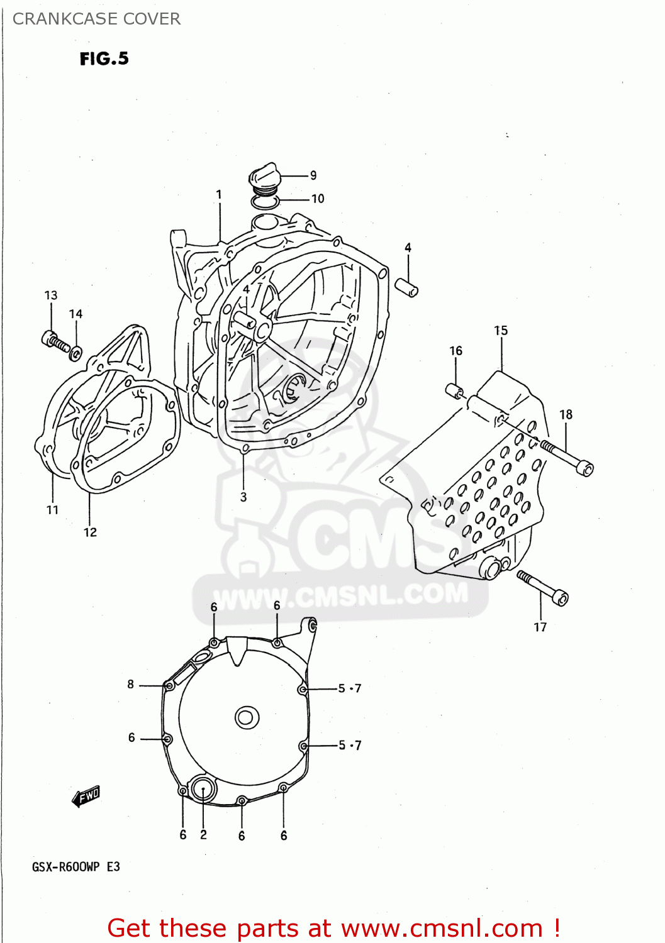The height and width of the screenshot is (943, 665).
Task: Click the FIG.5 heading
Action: click(x=104, y=58)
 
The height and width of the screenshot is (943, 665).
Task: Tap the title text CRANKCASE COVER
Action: click(x=96, y=19)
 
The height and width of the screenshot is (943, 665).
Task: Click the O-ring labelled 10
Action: click(x=264, y=202)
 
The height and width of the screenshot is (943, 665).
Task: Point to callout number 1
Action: click(x=219, y=195)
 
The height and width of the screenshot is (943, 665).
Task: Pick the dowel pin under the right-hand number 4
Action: click(x=406, y=287)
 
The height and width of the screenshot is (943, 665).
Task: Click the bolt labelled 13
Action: click(x=54, y=341)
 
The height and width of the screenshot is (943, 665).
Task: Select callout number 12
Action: click(x=90, y=532)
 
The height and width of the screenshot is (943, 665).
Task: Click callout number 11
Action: click(x=52, y=510)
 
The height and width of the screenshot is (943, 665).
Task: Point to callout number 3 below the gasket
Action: click(x=243, y=497)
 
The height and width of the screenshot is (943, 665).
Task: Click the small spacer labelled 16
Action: click(x=454, y=391)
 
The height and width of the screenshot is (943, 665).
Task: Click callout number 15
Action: click(x=501, y=331)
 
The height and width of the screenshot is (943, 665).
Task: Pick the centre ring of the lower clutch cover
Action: click(x=247, y=717)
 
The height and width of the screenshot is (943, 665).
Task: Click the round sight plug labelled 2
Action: click(x=203, y=789)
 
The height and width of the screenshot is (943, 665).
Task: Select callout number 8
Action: click(x=131, y=684)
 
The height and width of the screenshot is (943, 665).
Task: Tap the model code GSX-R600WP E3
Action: click(x=76, y=867)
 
